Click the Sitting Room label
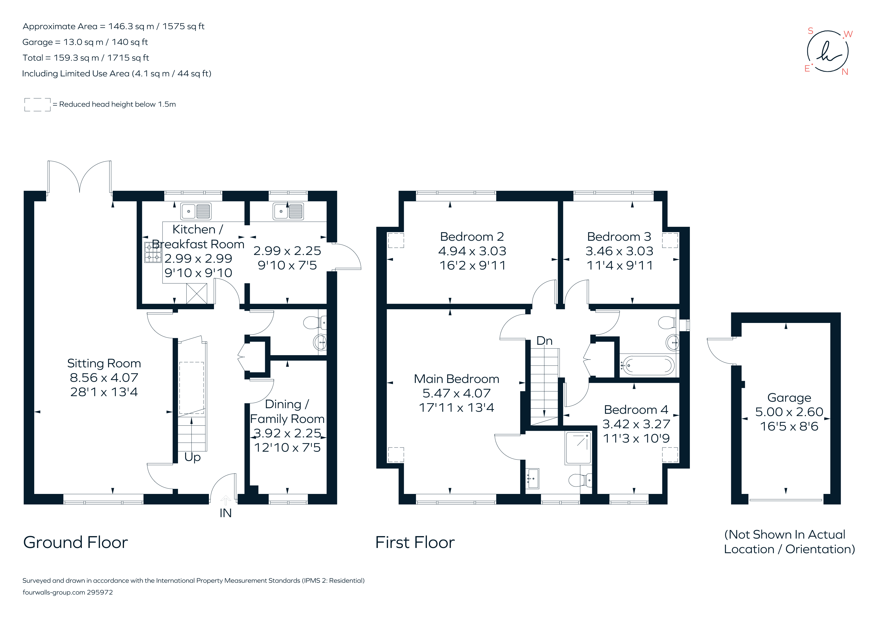pos(104,363)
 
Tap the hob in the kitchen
pos(152,252)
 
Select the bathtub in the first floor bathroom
pos(647,365)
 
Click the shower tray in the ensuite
pos(578,448)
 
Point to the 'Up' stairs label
pos(192,457)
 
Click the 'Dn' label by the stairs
pos(544,340)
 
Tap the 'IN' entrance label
pos(225,513)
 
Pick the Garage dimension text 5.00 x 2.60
pos(789,412)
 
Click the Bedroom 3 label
pos(619,237)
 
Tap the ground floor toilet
pos(314,323)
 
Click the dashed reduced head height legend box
pos(37,105)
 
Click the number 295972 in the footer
pos(100,592)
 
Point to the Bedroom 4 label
pos(636,409)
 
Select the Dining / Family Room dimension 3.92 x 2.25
pos(287,433)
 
